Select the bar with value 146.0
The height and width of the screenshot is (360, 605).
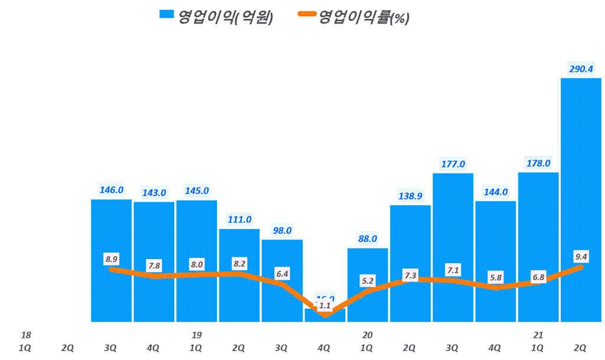click(x=112, y=236)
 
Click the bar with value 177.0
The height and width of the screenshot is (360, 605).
click(x=453, y=224)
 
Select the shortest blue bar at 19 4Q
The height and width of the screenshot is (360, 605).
click(x=325, y=318)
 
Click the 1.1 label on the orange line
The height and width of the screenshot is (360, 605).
click(x=325, y=306)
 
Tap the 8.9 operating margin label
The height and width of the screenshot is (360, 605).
click(x=112, y=258)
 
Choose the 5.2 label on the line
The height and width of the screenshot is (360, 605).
click(x=367, y=280)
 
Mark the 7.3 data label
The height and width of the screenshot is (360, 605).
click(x=410, y=276)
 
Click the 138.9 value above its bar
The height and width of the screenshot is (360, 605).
click(x=410, y=196)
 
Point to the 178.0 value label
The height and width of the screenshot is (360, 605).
click(x=538, y=163)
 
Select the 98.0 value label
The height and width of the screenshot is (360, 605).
click(x=282, y=230)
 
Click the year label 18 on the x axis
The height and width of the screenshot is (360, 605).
click(x=25, y=335)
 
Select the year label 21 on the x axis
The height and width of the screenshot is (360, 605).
click(x=538, y=335)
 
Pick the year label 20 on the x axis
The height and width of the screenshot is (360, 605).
click(x=367, y=335)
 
